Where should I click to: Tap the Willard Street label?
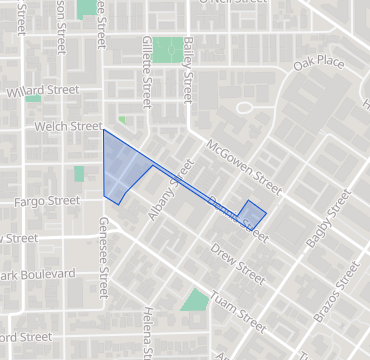point(43,91)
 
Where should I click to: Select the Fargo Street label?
point(46,201)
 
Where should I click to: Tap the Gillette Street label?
point(146,80)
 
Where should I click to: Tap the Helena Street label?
point(147,332)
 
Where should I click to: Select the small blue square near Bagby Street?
point(252,214)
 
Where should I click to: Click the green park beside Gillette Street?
point(168,49)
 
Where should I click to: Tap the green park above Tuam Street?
point(195,299)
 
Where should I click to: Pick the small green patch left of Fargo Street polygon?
point(79,174)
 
